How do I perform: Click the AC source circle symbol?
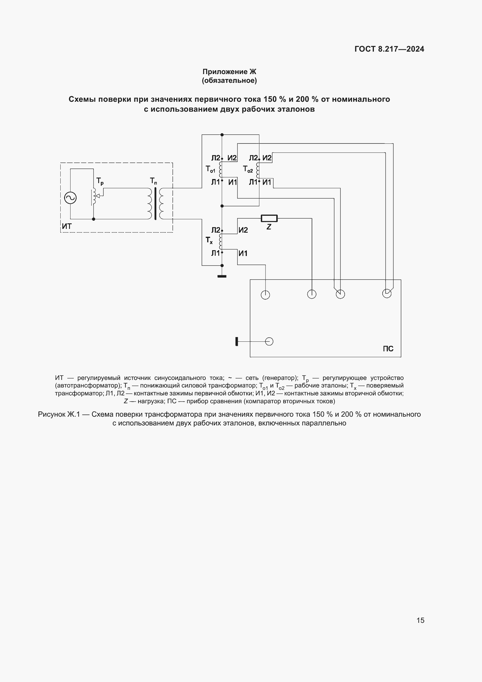point(70,198)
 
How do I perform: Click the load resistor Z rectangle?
point(269,218)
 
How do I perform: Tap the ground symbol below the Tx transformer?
point(222,276)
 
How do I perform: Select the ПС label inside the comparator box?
point(388,349)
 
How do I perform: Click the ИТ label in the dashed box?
point(67,226)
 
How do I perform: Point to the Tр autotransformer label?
point(100,181)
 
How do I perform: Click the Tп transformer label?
point(153,181)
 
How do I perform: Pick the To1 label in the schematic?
point(210,169)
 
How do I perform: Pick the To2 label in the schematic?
point(248,169)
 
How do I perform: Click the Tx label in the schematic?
point(209,240)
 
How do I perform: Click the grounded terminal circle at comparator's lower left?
point(269,342)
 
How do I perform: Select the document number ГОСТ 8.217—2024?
point(389,49)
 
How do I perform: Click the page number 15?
point(420,620)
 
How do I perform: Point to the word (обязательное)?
point(229,80)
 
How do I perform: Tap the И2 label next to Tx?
point(243,230)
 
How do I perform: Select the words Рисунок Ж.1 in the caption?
point(59,414)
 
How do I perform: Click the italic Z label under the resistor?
point(269,227)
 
